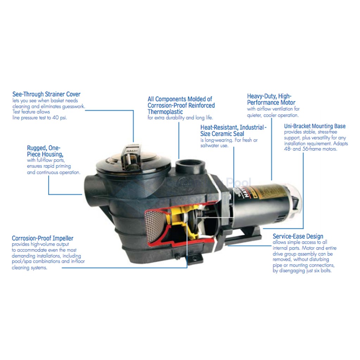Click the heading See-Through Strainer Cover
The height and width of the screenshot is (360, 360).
tap(46, 94)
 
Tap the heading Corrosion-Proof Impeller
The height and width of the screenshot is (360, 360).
tap(43, 238)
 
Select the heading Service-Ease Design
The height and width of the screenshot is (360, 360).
tap(298, 236)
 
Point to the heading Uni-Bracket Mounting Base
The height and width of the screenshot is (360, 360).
tap(315, 126)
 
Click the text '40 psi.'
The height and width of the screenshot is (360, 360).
tap(59, 118)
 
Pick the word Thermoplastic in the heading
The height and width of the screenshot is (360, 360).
tap(165, 112)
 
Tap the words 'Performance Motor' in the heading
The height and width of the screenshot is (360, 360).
tap(271, 103)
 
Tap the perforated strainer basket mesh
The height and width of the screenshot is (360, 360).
tap(154, 226)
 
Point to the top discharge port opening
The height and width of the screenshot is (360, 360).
tap(189, 165)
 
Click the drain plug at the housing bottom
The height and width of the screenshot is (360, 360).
tap(177, 256)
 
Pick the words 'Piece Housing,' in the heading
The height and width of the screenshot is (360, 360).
tap(45, 154)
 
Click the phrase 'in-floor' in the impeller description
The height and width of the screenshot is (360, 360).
tap(78, 261)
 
